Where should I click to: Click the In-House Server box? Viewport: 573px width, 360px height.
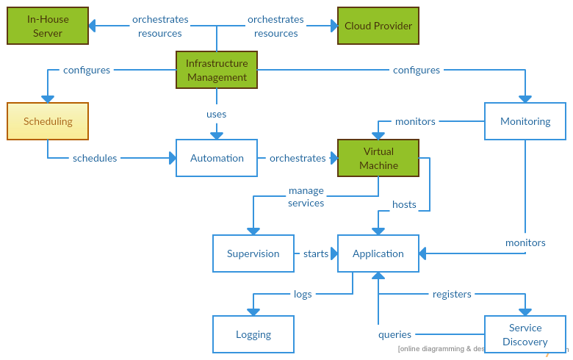[x=48, y=26]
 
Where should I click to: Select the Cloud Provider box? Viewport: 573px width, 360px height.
[x=378, y=26]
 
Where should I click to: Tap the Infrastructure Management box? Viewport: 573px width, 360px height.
[x=217, y=70]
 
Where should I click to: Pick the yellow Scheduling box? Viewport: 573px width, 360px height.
[x=48, y=121]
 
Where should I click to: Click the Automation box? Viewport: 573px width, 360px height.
[x=217, y=158]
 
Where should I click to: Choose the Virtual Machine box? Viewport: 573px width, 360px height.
[x=378, y=158]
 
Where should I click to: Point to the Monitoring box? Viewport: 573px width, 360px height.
[x=525, y=121]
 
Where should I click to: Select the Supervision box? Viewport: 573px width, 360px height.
[x=253, y=253]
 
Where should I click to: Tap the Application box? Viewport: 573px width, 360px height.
[x=378, y=253]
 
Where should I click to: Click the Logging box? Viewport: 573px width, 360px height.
[x=253, y=334]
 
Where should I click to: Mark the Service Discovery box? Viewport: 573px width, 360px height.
[x=525, y=334]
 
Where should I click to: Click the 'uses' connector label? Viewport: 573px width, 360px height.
[x=216, y=115]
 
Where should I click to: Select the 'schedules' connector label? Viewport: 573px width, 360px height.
[x=95, y=158]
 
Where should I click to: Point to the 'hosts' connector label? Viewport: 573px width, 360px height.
[x=404, y=204]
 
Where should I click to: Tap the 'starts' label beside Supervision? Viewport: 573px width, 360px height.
[x=316, y=253]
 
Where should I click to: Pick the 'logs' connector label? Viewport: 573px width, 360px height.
[x=303, y=294]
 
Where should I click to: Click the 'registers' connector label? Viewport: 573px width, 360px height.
[x=452, y=294]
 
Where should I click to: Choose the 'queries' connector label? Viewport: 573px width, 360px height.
[x=394, y=334]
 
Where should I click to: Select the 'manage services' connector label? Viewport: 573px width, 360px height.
[x=306, y=197]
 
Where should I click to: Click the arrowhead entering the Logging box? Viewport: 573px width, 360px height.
[x=253, y=312]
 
